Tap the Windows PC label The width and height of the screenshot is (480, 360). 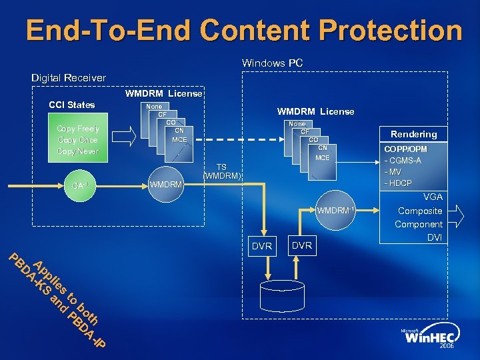click(x=272, y=63)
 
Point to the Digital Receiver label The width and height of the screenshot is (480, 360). click(x=68, y=78)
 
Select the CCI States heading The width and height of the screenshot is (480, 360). click(x=72, y=105)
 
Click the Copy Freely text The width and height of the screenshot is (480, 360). click(x=78, y=129)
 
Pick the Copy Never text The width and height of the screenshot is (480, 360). click(x=78, y=151)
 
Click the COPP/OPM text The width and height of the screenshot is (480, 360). click(x=405, y=149)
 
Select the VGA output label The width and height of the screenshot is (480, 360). click(x=433, y=197)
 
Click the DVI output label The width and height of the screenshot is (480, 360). click(x=434, y=237)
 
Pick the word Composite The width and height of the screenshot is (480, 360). click(x=420, y=211)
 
